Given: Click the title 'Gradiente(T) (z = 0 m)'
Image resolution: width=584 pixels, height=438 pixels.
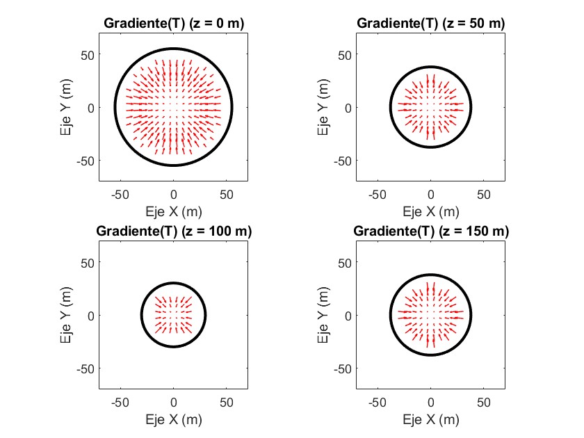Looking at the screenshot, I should point(174,23).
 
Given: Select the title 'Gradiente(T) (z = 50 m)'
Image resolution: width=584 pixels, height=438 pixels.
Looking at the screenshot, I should point(430,23).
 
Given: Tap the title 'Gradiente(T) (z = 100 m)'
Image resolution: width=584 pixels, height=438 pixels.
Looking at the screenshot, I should point(174,231).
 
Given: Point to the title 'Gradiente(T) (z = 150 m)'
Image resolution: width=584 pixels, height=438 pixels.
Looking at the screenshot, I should point(430,231).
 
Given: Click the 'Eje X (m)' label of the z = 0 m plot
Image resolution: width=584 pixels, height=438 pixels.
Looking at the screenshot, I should point(174,210).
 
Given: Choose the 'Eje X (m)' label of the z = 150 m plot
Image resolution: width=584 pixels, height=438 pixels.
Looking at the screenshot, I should point(430,419).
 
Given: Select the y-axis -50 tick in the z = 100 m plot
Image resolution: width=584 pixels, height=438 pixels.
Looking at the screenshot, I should point(86,368).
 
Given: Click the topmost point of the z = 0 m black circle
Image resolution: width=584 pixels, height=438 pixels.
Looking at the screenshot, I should point(174,49).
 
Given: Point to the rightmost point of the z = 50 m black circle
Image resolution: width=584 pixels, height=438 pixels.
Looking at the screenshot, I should point(471,107).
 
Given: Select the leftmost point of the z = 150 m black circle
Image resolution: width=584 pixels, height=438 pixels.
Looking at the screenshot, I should point(391,315).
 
